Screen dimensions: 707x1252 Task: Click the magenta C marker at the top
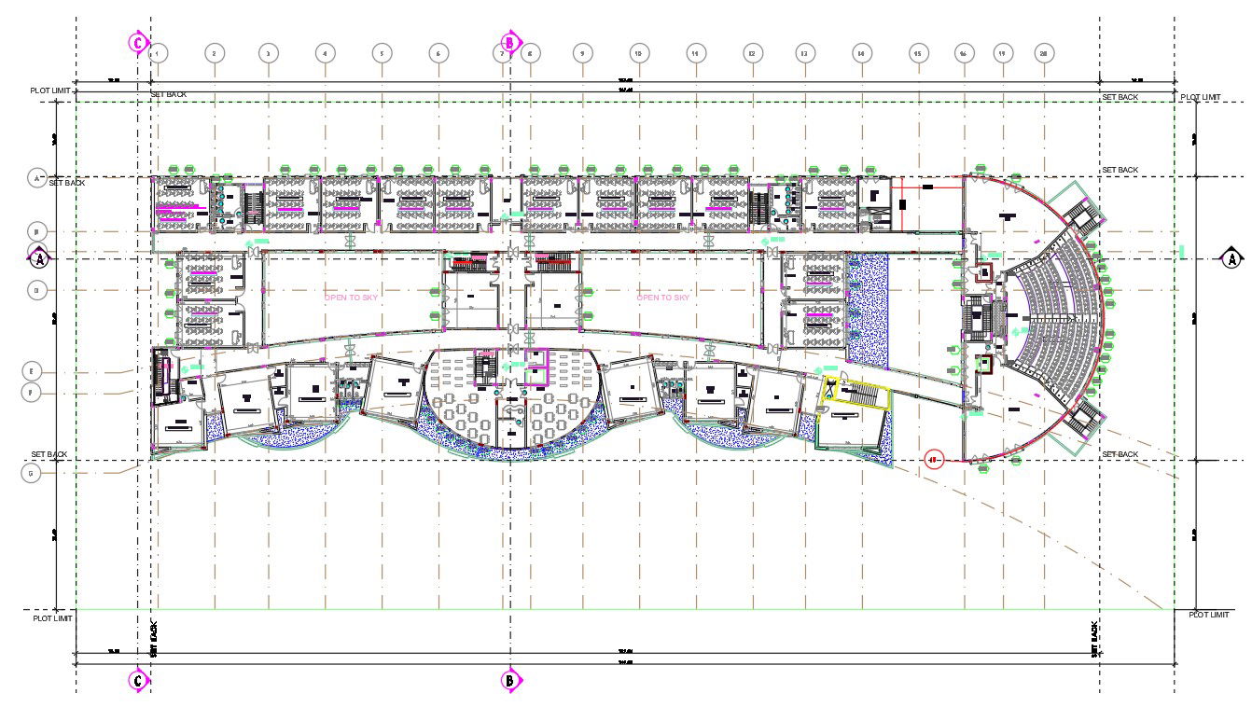[138, 43]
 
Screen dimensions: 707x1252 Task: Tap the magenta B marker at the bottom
[510, 680]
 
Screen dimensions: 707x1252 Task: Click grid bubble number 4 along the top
[325, 54]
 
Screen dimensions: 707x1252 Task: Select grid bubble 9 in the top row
[582, 54]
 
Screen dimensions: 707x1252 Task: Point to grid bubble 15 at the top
[918, 54]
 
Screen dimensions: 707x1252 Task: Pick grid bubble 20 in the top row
[1044, 54]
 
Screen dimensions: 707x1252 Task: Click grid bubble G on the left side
[32, 473]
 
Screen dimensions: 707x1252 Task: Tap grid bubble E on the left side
[32, 371]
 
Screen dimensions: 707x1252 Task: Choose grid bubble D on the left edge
[37, 290]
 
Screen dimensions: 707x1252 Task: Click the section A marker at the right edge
[1232, 258]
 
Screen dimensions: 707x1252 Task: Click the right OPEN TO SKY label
[663, 298]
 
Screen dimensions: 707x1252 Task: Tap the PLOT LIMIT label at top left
[51, 90]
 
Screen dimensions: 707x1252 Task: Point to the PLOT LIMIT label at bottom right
[1209, 615]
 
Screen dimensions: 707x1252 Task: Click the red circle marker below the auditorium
[933, 459]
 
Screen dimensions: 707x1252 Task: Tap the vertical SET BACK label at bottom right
[1095, 639]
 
